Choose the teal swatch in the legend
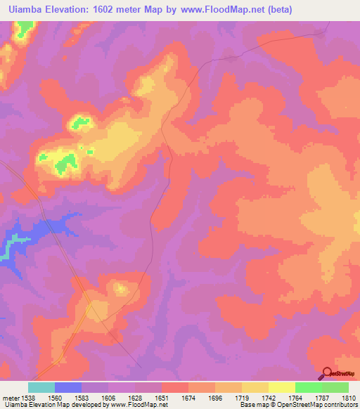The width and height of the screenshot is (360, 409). tap(41, 387)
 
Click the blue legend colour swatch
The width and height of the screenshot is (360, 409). tap(67, 387)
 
